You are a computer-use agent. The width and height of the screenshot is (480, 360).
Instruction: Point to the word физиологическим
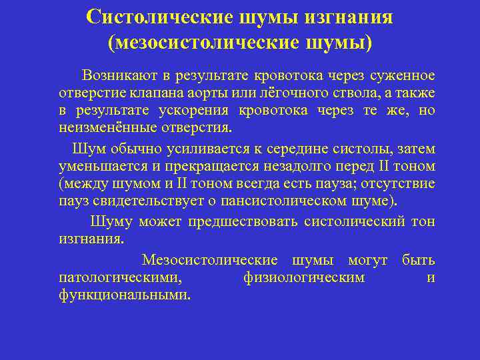point(304,277)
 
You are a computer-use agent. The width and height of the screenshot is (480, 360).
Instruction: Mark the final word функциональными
point(124,294)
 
